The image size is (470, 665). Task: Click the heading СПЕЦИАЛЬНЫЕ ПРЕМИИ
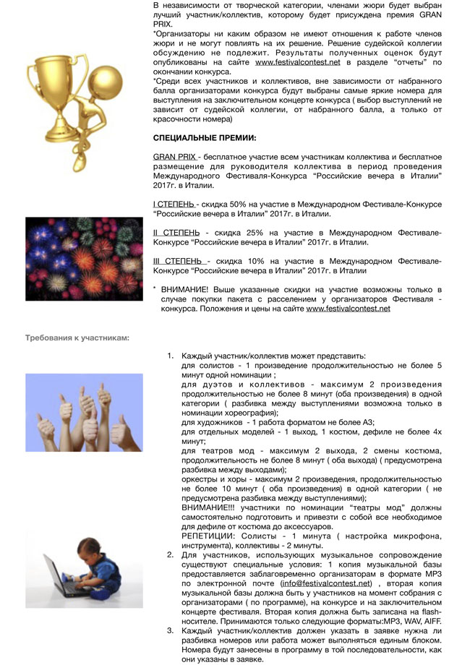pyautogui.click(x=205, y=137)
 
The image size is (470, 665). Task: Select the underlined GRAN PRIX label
pyautogui.click(x=174, y=156)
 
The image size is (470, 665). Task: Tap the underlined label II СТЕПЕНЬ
pyautogui.click(x=178, y=233)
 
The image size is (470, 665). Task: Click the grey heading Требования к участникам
pyautogui.click(x=77, y=337)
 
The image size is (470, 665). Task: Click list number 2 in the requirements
pyautogui.click(x=170, y=554)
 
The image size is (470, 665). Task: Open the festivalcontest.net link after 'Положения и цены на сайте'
pyautogui.click(x=348, y=308)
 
